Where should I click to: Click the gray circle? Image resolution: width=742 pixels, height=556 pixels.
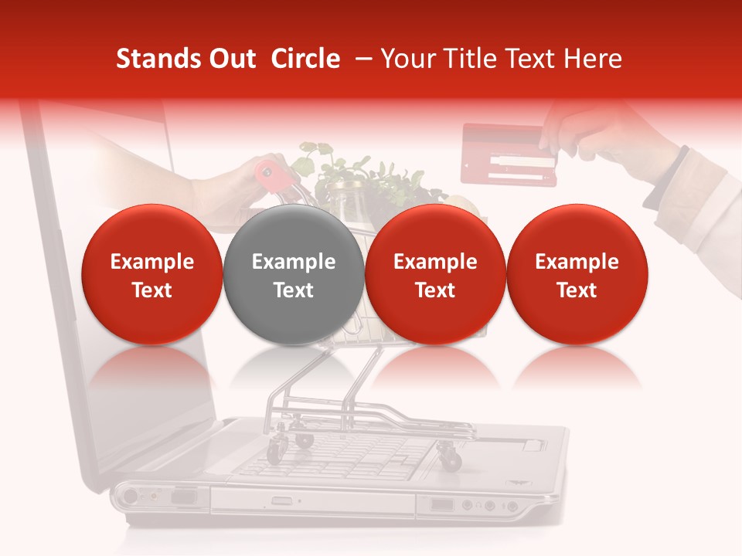(294, 275)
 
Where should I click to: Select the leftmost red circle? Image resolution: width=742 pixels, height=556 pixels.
(152, 275)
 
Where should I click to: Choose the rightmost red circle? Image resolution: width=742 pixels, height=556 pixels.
(577, 275)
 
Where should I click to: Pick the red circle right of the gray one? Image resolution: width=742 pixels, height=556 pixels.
(435, 275)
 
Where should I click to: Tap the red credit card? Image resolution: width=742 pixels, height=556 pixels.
(509, 154)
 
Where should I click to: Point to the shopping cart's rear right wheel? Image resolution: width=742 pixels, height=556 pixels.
(449, 457)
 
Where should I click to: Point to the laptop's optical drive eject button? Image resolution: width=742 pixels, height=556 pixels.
(282, 501)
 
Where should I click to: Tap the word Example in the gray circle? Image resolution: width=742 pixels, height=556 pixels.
(294, 262)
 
